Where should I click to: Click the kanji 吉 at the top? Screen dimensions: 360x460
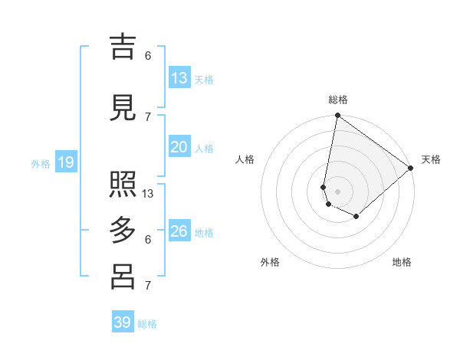(123, 47)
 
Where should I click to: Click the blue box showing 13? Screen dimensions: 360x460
(179, 78)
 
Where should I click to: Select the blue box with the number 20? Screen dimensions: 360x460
(179, 147)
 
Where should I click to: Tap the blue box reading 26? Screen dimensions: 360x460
(179, 231)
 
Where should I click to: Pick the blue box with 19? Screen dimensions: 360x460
(66, 162)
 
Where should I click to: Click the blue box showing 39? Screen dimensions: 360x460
(123, 322)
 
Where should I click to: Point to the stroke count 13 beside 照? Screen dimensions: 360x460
(148, 194)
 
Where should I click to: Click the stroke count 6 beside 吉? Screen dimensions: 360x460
(148, 56)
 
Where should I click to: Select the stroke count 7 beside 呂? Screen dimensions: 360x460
(148, 286)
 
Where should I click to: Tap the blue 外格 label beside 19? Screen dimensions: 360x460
(41, 163)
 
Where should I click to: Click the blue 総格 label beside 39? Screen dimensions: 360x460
(147, 324)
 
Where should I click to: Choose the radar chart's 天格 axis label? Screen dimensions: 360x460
(431, 159)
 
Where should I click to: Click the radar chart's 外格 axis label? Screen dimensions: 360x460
(270, 262)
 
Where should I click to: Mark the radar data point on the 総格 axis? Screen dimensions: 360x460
(337, 116)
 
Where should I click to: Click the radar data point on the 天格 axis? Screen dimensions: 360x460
(411, 168)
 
